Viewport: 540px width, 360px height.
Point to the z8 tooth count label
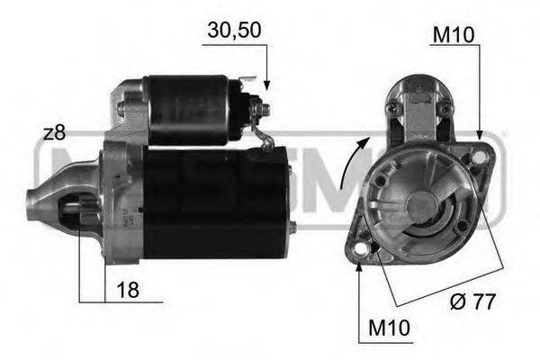54,133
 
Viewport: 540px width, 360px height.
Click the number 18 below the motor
129,290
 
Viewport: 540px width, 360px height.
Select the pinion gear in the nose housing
77,213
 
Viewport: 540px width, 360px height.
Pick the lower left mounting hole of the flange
360,249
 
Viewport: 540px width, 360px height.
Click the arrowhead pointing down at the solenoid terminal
267,86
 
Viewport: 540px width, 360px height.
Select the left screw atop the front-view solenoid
391,108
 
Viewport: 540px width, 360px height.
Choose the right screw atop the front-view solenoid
444,108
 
